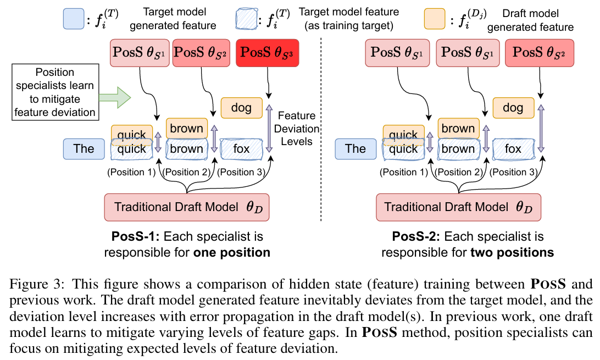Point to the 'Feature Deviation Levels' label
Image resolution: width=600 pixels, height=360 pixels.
(297, 129)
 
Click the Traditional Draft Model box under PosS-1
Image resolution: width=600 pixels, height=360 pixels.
(186, 207)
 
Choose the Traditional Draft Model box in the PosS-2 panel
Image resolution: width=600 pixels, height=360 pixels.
(458, 207)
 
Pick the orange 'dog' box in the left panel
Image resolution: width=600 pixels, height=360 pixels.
(241, 108)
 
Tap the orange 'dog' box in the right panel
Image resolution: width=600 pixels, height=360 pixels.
(512, 108)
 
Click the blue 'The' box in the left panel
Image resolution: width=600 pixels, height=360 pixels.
(83, 148)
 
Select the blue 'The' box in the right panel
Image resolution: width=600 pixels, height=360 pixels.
(355, 148)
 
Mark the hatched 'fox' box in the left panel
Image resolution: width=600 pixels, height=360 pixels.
(241, 149)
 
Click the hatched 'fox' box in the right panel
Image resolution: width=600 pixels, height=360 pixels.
(513, 149)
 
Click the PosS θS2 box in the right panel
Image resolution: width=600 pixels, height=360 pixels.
(538, 53)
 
